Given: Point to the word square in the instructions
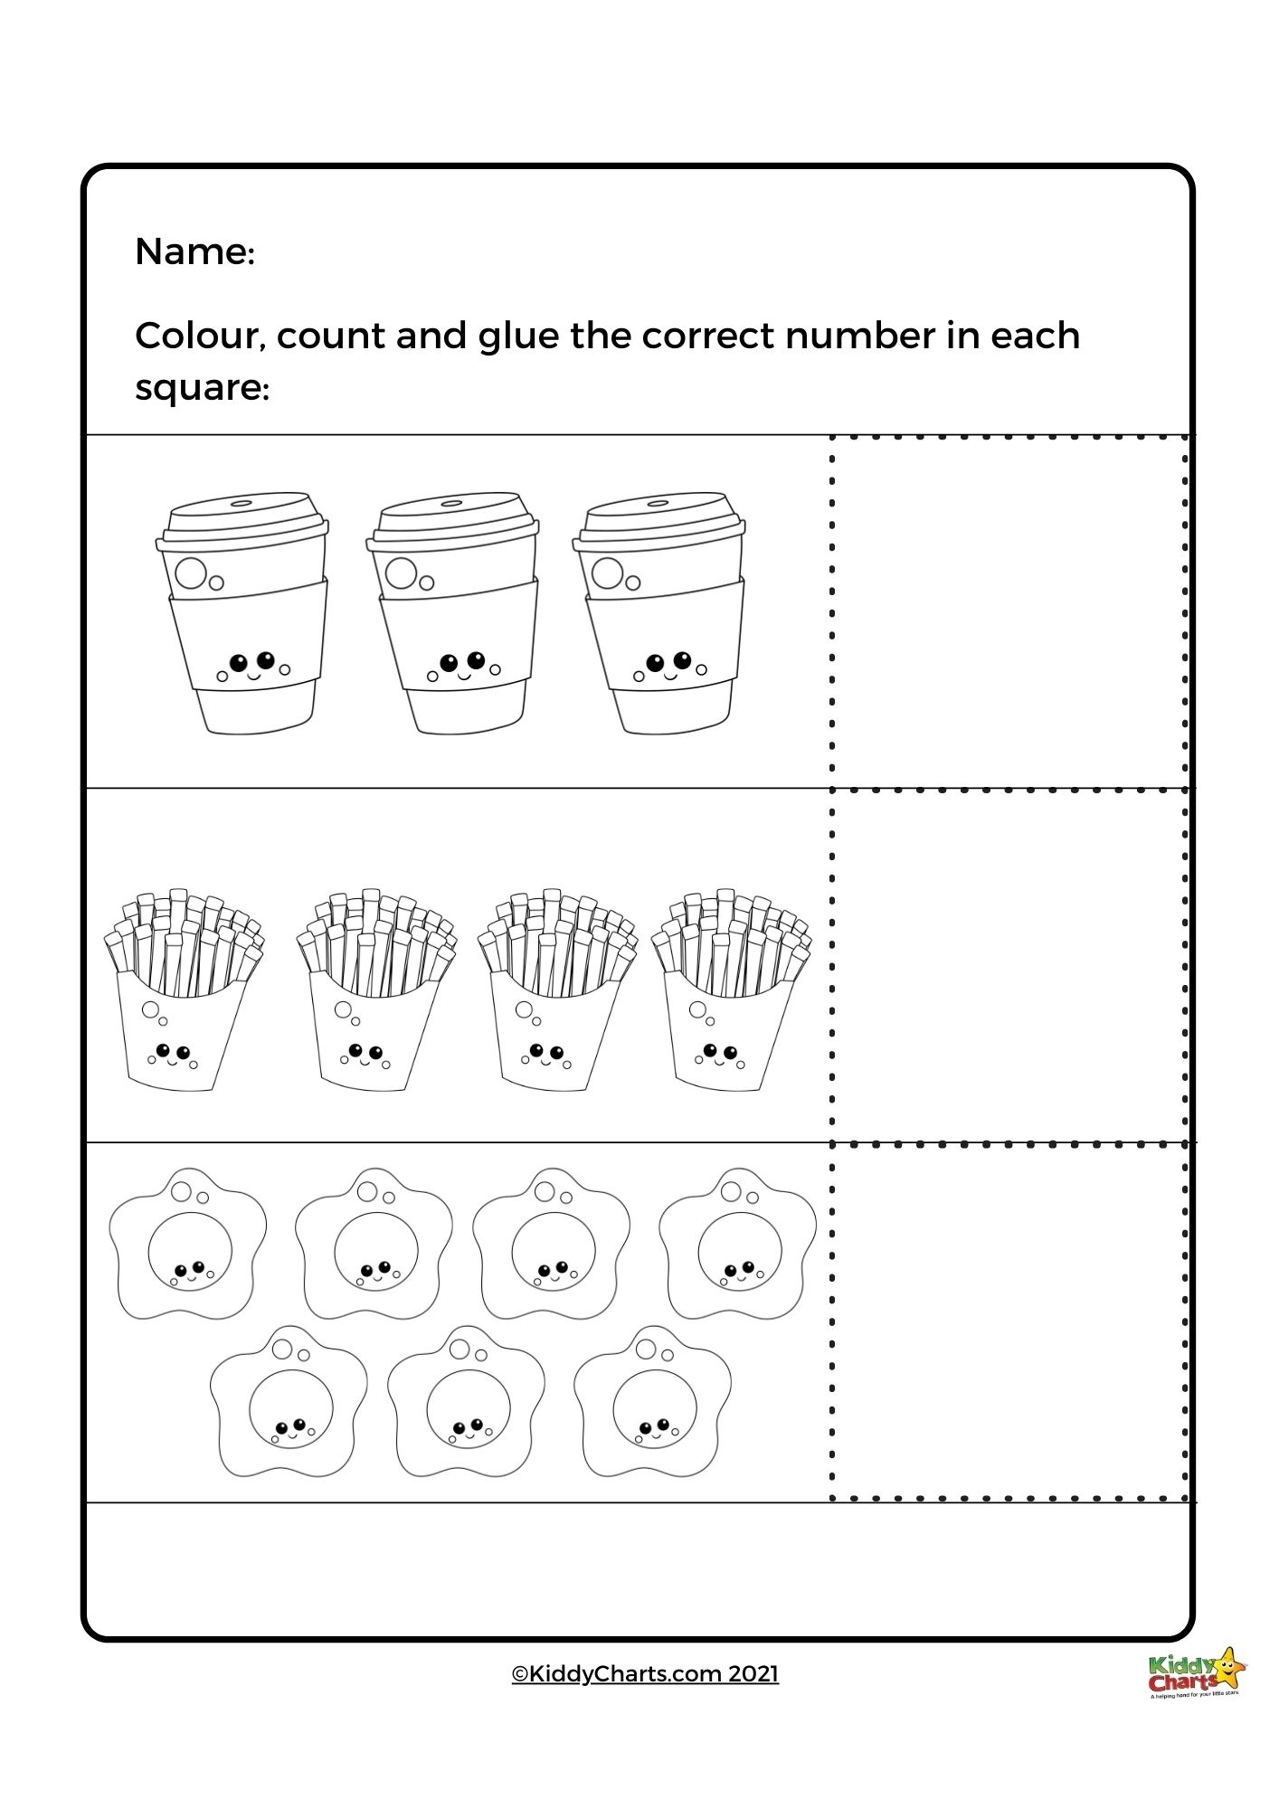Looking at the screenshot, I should (x=200, y=389).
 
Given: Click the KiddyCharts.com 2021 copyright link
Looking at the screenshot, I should (x=645, y=1673).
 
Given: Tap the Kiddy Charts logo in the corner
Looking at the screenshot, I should (x=1197, y=1673).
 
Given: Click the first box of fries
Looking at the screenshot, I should (x=184, y=990).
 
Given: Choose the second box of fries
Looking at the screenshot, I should (x=375, y=990).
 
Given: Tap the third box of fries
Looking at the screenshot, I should (x=556, y=990).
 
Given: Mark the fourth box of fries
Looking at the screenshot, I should (x=731, y=990).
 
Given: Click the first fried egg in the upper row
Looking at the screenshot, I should (x=188, y=1244).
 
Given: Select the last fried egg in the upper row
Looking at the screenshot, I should (x=737, y=1244).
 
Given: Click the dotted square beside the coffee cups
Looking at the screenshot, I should (x=1009, y=612).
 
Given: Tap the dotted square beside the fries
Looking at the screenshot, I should (x=1009, y=966).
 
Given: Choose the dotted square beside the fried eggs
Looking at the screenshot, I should (x=1009, y=1321).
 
